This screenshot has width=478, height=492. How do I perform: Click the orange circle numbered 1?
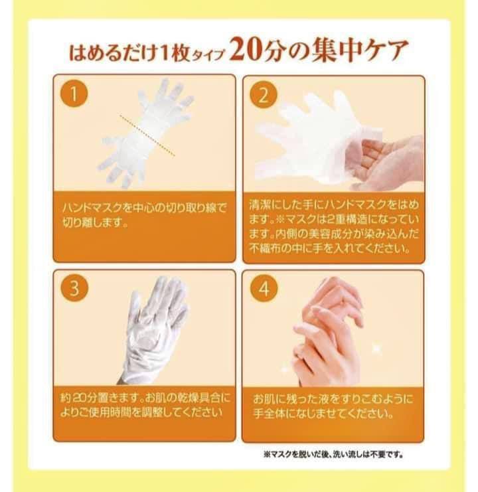point(74,93)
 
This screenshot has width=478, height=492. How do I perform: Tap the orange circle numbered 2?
point(264,95)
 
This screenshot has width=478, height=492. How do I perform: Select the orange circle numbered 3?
point(74,287)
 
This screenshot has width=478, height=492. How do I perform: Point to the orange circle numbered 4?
point(264,288)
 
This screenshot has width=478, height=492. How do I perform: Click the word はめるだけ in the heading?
point(112,52)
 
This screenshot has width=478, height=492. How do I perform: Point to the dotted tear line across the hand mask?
point(147,135)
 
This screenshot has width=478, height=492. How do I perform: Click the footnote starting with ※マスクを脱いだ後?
point(333,454)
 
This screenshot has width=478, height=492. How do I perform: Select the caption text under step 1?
point(144,214)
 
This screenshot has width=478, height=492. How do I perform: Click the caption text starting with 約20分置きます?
point(145,405)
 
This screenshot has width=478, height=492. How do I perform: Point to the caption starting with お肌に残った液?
point(333,406)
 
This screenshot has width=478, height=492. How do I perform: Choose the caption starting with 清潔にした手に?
point(334,226)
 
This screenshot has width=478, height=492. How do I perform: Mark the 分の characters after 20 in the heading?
point(285,50)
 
